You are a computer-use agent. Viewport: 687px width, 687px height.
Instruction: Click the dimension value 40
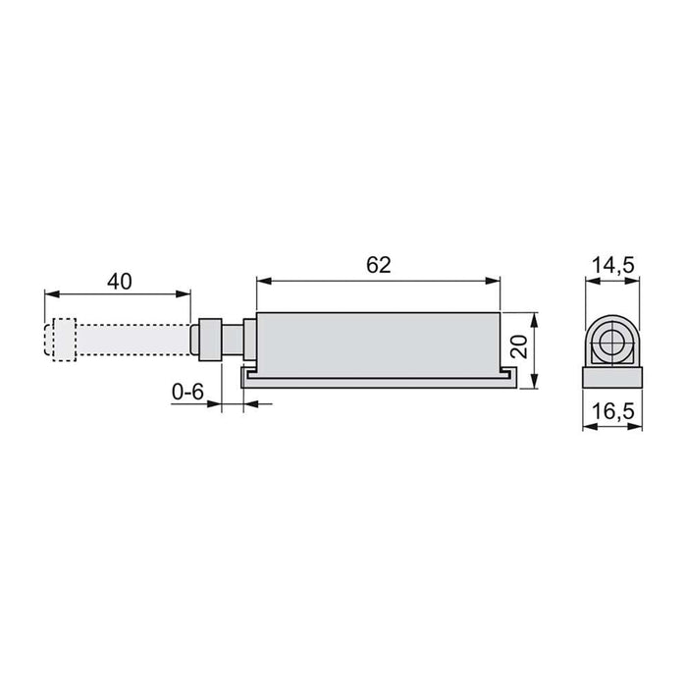[119, 281]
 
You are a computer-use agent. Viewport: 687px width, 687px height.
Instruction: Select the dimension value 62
[379, 265]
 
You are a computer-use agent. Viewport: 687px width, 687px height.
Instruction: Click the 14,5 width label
[613, 266]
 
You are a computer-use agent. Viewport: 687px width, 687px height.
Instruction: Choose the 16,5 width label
[613, 413]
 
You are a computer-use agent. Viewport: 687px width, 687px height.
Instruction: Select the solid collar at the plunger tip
[209, 340]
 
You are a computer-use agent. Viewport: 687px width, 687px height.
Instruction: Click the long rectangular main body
[379, 340]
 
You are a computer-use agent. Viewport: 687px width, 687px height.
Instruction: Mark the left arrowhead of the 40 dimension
[50, 292]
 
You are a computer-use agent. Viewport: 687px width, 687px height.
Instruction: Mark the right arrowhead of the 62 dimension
[495, 279]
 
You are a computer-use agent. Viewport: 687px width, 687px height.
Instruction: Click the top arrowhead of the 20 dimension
[534, 320]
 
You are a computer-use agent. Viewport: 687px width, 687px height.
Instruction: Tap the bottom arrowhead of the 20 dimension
[534, 383]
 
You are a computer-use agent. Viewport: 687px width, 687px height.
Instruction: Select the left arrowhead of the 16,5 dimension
[588, 427]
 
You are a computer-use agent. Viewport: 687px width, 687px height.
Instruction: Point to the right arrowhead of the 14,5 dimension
[635, 281]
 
